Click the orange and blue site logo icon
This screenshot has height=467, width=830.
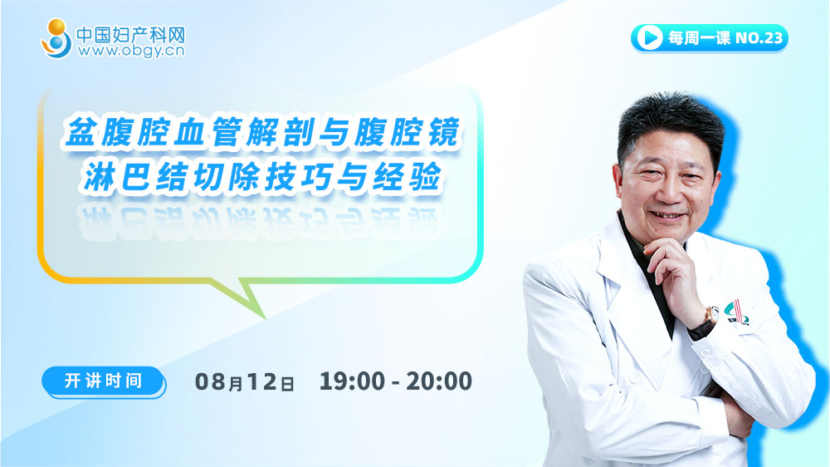tap(56, 38)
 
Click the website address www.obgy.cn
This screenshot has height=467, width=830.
tap(131, 51)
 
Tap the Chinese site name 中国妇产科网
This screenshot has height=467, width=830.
tap(131, 34)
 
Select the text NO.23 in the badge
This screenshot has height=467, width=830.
tap(759, 37)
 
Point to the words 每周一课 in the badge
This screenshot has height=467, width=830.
tap(699, 37)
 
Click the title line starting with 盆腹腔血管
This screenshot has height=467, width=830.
tap(262, 132)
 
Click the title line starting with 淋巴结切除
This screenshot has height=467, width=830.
tap(262, 176)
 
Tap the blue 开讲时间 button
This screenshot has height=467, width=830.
tap(104, 381)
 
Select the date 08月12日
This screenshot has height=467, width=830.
tap(245, 381)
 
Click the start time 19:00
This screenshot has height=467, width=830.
tap(352, 381)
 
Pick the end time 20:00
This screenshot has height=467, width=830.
tap(439, 381)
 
